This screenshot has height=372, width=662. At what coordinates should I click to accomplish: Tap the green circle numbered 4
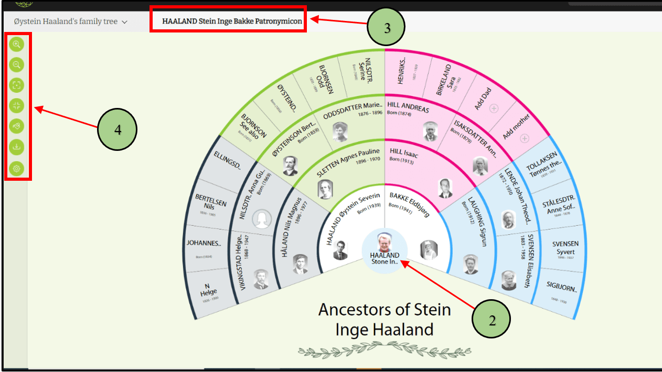118,129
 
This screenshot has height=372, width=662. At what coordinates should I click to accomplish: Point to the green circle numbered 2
492,320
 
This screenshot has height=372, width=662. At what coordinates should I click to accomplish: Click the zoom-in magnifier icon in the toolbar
17,45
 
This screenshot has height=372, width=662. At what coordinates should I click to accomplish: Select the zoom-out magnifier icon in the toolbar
17,65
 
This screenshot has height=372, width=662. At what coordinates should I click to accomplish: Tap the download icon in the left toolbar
17,148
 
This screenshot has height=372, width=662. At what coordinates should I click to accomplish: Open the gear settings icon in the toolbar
17,169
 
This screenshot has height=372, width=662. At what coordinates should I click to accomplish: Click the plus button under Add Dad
493,109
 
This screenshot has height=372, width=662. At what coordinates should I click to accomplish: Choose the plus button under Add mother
524,139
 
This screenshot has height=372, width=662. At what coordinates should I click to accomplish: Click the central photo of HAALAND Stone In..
385,243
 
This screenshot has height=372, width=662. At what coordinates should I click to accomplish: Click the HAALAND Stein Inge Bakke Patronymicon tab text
228,21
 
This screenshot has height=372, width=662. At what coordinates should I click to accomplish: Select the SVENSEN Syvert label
565,248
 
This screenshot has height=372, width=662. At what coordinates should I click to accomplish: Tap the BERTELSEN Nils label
210,202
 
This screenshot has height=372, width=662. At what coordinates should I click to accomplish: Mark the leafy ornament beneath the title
385,349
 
